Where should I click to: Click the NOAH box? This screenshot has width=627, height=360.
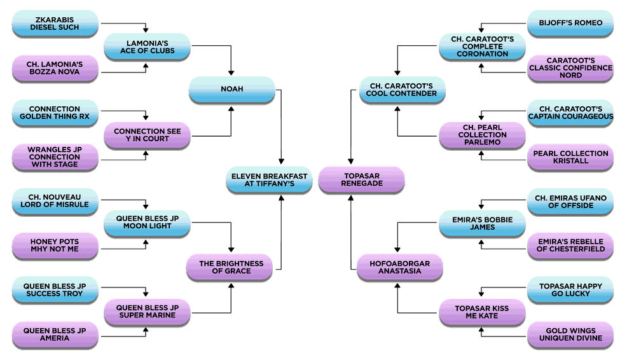point(232,90)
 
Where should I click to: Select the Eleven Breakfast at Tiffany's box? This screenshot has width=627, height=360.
point(269,180)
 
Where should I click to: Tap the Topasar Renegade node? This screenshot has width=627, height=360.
point(361,180)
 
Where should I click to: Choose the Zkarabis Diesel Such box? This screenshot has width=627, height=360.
point(55,24)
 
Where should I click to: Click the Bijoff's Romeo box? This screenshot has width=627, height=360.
point(570,23)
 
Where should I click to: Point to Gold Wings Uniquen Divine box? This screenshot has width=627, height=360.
point(570,335)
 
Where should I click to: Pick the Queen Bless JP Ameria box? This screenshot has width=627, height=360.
point(55,335)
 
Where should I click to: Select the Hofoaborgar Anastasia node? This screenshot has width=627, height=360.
point(400,267)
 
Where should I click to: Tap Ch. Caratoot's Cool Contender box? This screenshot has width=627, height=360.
point(403,90)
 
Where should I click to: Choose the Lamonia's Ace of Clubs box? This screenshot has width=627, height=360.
point(147,47)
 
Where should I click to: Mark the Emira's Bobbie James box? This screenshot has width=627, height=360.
point(482,224)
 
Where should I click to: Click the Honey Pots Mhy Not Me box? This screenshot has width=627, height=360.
point(55,246)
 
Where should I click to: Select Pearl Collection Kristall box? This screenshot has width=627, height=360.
point(570,157)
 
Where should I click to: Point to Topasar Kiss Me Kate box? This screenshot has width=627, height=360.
point(482,312)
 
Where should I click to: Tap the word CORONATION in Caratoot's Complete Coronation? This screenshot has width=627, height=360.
point(482,54)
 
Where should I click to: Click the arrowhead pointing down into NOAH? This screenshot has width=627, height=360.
point(231,73)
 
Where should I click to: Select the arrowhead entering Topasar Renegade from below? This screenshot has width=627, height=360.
point(350,198)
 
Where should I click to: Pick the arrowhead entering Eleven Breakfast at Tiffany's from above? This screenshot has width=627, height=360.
point(281,162)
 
